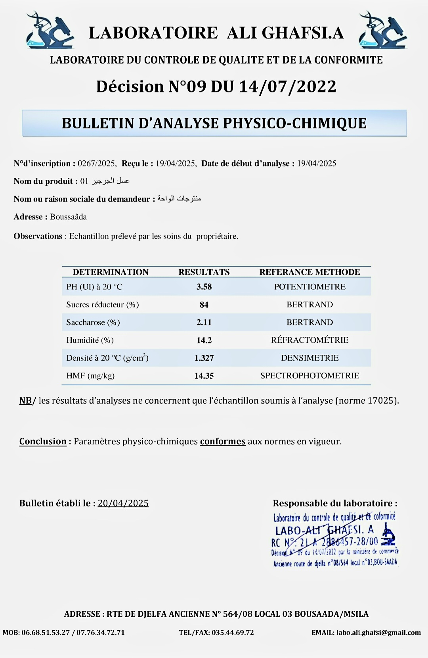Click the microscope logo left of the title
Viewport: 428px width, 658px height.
coord(50,30)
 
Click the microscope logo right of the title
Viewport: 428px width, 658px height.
coord(382,30)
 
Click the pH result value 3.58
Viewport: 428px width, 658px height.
coord(204,287)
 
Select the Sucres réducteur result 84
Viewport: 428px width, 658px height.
coord(204,305)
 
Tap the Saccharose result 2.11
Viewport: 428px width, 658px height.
coord(204,322)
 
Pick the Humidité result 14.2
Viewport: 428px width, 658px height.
coord(204,340)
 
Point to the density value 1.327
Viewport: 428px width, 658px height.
coord(204,358)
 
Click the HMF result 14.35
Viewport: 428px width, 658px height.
coord(204,376)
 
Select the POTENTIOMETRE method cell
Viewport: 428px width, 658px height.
coord(310,287)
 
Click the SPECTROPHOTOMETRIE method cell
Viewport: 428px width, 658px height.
coord(310,375)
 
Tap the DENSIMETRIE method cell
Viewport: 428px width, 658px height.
coord(310,358)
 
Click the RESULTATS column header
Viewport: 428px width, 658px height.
coord(204,272)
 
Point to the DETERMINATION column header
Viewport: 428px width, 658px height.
coord(111,272)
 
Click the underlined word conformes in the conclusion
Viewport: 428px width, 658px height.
coord(223,441)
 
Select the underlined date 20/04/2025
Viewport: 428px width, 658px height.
coord(123,503)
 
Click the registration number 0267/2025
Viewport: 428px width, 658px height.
coord(96,164)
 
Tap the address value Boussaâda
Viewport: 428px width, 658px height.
coord(68,217)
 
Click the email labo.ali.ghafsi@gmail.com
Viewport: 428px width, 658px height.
coord(378,633)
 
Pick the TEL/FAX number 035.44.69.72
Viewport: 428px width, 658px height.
coord(233,633)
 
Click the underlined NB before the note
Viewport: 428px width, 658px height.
coord(25,400)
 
